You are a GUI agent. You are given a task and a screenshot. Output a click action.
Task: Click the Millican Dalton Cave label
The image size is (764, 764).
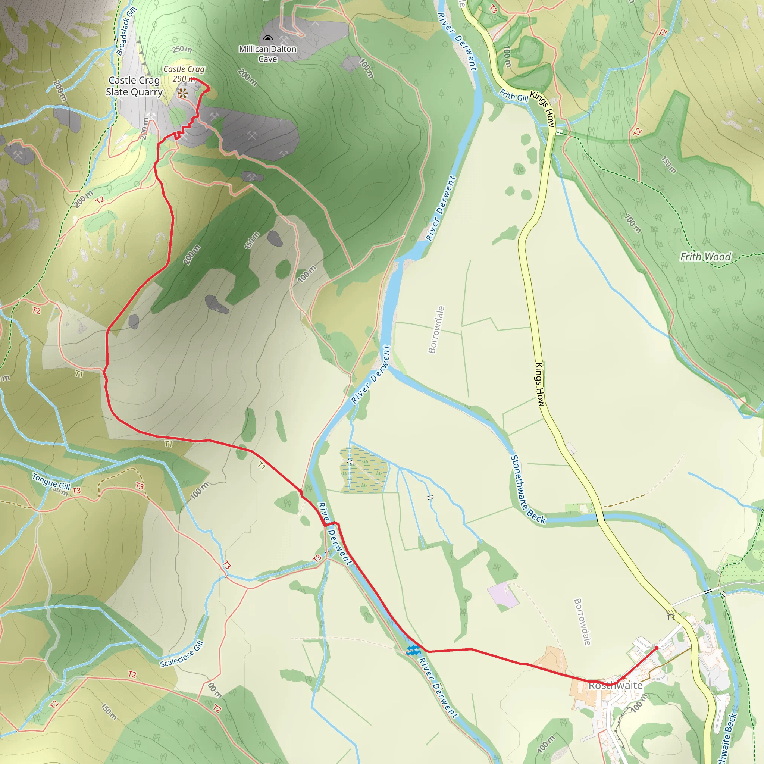[267, 54]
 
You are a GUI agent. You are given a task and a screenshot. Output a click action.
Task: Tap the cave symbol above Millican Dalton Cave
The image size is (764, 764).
[268, 38]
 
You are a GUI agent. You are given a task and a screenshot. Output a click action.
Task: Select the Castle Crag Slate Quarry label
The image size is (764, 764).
[134, 86]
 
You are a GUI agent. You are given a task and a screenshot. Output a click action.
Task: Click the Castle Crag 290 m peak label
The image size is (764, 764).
[184, 73]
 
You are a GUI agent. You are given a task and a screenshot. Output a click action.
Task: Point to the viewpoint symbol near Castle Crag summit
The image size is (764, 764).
[182, 94]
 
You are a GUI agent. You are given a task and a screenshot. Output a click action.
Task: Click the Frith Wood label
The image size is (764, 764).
[705, 257]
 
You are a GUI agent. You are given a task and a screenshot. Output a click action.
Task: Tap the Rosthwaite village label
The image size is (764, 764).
[615, 685]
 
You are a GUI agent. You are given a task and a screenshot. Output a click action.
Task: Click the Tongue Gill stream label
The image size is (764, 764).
[51, 481]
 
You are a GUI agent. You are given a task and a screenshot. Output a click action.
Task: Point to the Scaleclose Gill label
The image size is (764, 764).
[182, 655]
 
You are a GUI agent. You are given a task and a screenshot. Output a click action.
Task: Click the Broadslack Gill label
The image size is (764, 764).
[126, 31]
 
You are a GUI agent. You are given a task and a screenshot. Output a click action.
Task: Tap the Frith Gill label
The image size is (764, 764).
[513, 95]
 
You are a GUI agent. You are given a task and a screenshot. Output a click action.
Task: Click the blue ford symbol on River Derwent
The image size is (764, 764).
[413, 650]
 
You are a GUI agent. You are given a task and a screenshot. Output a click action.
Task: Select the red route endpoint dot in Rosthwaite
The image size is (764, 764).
[657, 648]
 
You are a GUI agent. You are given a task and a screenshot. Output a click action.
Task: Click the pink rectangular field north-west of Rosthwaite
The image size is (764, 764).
[502, 595]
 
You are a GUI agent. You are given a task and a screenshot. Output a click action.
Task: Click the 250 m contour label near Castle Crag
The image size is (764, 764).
[182, 50]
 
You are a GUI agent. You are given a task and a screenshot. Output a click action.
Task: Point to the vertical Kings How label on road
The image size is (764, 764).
[540, 384]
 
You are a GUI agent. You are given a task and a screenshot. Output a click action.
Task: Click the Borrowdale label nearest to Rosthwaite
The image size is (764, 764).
[582, 622]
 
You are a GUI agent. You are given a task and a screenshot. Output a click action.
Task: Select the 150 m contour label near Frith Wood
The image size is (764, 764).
[669, 165]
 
